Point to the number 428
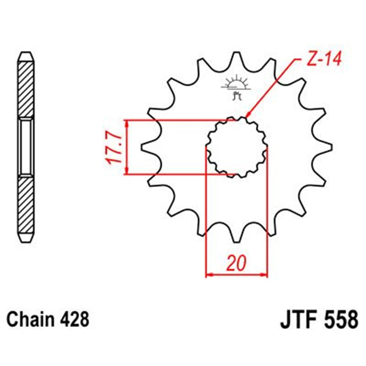(x=75, y=317)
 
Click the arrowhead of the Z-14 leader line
(x=248, y=117)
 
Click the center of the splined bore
(x=237, y=147)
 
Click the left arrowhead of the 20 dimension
(x=209, y=275)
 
